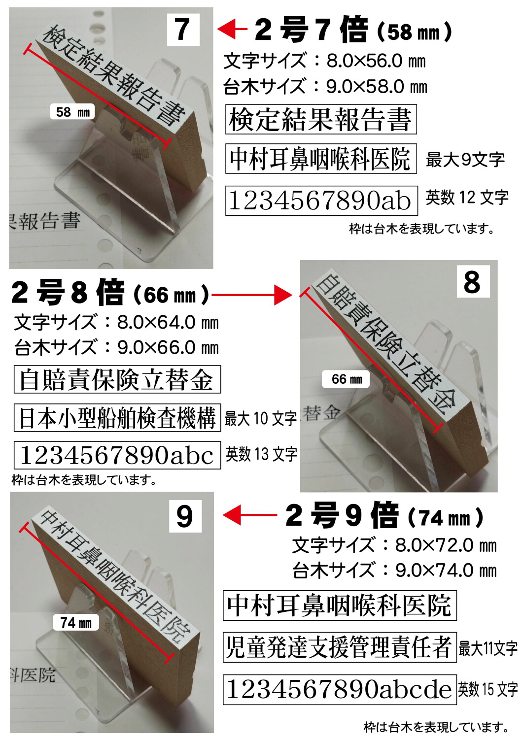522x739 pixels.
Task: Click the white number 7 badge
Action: pyautogui.click(x=183, y=30)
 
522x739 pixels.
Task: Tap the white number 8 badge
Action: pyautogui.click(x=472, y=281)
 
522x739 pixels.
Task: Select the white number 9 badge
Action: pyautogui.click(x=185, y=516)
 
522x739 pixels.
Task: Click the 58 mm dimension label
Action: pyautogui.click(x=72, y=112)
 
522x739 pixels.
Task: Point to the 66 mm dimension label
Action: pyautogui.click(x=346, y=379)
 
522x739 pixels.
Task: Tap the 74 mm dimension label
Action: pyautogui.click(x=76, y=623)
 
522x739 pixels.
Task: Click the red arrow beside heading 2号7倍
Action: pyautogui.click(x=232, y=29)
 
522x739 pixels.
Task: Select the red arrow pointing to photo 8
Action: pyautogui.click(x=251, y=295)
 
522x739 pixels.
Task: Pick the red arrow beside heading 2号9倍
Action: pyautogui.click(x=249, y=515)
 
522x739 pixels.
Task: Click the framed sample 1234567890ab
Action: pyautogui.click(x=321, y=201)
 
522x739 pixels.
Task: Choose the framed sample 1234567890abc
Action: pyautogui.click(x=117, y=455)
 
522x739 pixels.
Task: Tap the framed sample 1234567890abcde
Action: pyautogui.click(x=339, y=689)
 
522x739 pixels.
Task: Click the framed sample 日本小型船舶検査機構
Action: pyautogui.click(x=117, y=418)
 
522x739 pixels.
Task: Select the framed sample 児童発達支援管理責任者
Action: pyautogui.click(x=339, y=647)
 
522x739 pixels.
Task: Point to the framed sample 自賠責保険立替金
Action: pyautogui.click(x=117, y=379)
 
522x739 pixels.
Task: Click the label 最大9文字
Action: pyautogui.click(x=465, y=160)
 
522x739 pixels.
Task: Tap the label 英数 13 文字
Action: pyautogui.click(x=261, y=454)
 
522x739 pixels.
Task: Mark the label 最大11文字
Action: pyautogui.click(x=488, y=648)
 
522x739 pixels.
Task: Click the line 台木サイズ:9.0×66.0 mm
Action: pyautogui.click(x=116, y=347)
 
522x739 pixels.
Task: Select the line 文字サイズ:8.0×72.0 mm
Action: pyautogui.click(x=394, y=545)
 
